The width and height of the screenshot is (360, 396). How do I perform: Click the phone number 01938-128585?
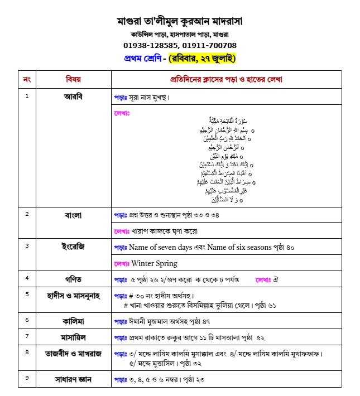(x=149, y=45)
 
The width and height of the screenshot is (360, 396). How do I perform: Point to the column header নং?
(x=27, y=79)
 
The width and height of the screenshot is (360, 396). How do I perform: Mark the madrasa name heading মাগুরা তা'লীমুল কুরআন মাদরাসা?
(x=180, y=22)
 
